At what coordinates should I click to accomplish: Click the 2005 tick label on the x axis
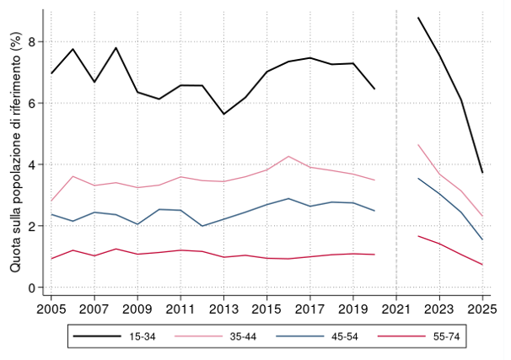[51, 309]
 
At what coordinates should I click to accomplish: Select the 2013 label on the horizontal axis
[223, 309]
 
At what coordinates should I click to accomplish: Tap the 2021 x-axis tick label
[396, 309]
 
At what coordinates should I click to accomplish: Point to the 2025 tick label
[482, 309]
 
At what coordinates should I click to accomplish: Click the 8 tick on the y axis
[32, 41]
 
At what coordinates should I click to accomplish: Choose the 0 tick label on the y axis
[32, 287]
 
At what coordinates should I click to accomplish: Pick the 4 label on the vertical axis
[32, 164]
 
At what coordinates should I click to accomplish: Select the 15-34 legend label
[143, 336]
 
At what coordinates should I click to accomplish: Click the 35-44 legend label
[243, 336]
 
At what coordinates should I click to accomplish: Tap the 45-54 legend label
[345, 336]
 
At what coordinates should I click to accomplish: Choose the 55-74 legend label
[446, 336]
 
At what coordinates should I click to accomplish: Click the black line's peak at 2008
[116, 48]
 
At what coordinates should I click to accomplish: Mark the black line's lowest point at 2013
[223, 114]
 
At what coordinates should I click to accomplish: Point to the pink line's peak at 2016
[288, 156]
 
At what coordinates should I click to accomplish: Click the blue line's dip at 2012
[202, 226]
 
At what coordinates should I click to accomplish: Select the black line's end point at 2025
[482, 173]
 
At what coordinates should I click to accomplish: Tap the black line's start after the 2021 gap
[417, 18]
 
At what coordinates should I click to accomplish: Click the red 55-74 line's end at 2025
[482, 265]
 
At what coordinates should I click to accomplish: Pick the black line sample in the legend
[97, 336]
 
